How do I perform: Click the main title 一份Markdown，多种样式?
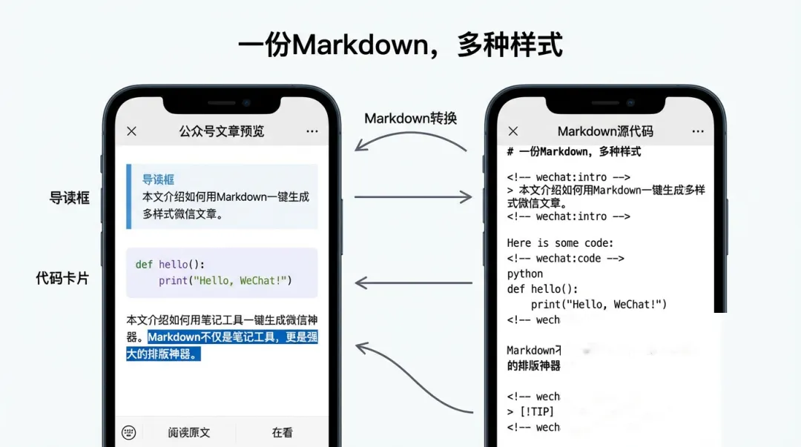(400, 45)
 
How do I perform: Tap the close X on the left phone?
(131, 131)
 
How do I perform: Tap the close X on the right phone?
(513, 131)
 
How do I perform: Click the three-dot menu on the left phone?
(311, 131)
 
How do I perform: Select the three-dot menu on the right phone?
(698, 131)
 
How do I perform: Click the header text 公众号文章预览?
(221, 131)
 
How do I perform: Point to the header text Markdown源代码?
(605, 131)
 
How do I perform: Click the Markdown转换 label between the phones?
(410, 118)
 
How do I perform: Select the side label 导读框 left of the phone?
(69, 198)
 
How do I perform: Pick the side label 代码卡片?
(62, 278)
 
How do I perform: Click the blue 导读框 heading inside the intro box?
(158, 179)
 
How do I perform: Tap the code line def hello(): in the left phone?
(170, 264)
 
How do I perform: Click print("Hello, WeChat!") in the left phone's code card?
(225, 281)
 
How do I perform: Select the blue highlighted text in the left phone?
(222, 345)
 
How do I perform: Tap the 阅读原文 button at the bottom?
(188, 432)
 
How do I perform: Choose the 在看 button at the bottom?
(282, 432)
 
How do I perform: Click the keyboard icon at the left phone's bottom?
(129, 432)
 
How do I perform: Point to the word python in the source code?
(526, 274)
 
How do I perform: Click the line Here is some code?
(560, 242)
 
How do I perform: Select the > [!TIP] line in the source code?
(530, 411)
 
